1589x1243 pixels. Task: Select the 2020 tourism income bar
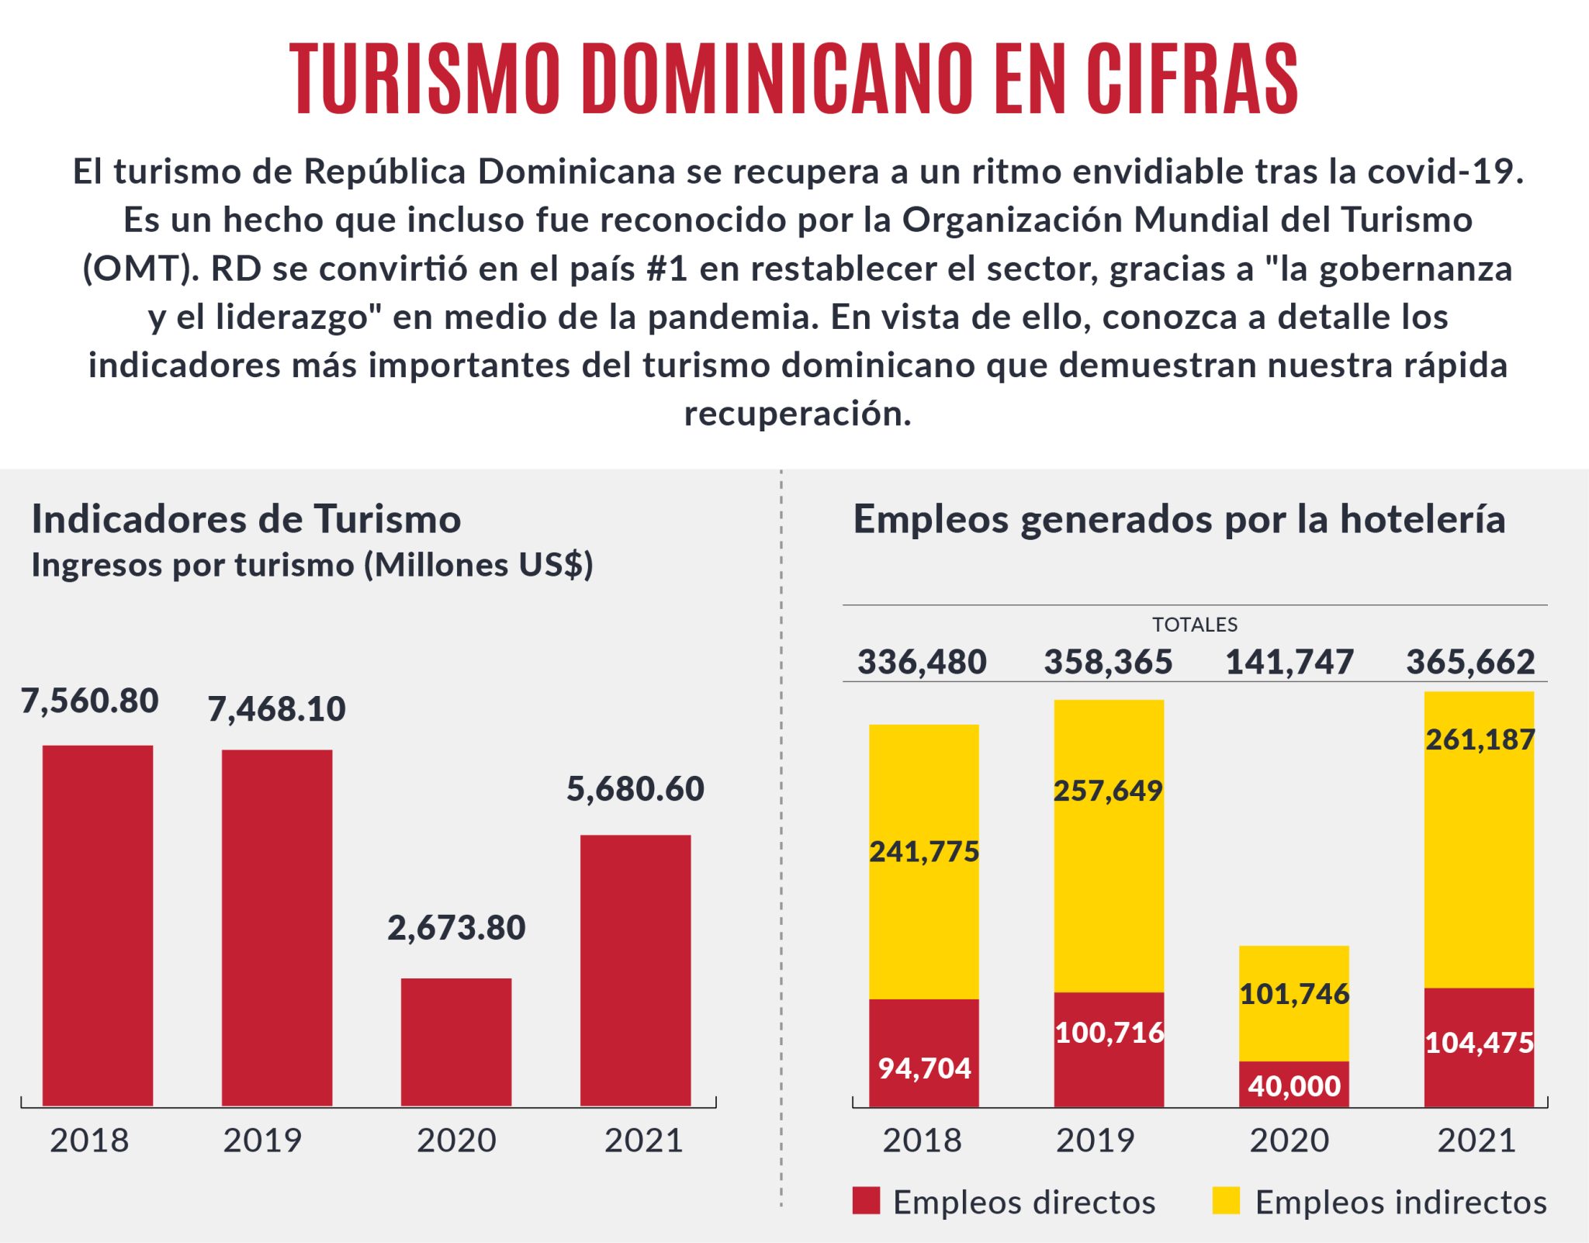click(x=456, y=1041)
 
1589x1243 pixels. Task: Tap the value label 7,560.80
click(x=90, y=701)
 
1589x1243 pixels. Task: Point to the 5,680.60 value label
click(x=635, y=788)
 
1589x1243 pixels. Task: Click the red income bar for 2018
click(x=98, y=925)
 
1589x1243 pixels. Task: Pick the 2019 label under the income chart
click(x=262, y=1140)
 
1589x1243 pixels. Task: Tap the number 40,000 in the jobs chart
click(x=1294, y=1085)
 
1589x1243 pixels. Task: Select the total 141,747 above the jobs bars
click(x=1290, y=662)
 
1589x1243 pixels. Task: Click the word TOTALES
click(x=1195, y=625)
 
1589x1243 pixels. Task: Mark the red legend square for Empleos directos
click(x=866, y=1200)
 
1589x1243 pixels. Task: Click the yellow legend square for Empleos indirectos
click(x=1226, y=1200)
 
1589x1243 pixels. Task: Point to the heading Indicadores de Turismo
click(x=246, y=519)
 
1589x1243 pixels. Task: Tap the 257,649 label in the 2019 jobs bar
click(x=1108, y=791)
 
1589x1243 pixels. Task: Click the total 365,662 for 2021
click(x=1470, y=662)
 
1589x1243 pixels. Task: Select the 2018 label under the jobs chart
click(x=922, y=1140)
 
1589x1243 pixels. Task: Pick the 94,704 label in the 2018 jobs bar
click(x=924, y=1068)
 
